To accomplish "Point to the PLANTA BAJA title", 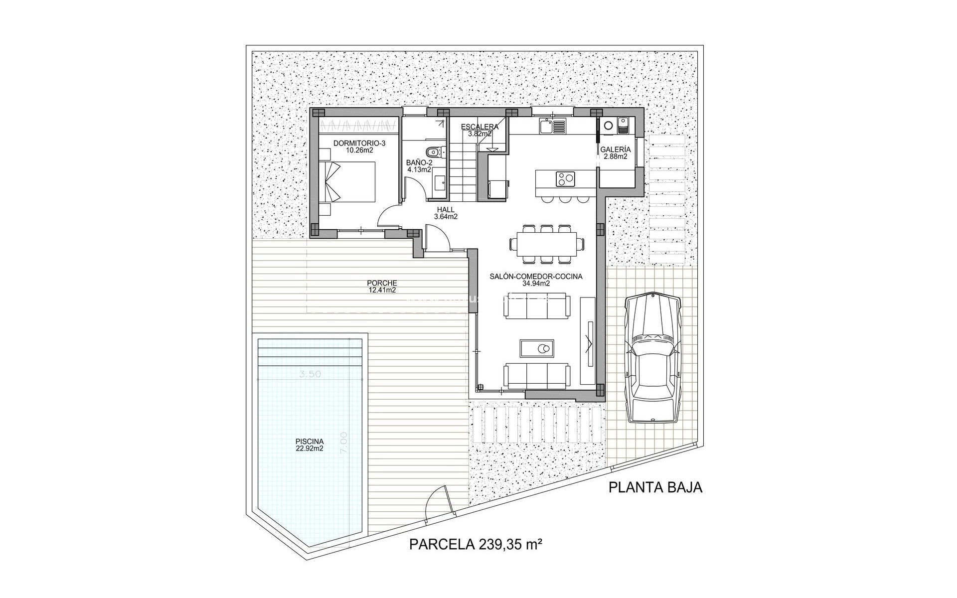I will (655, 487).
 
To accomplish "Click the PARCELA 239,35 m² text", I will (476, 544).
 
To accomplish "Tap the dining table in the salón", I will (547, 243).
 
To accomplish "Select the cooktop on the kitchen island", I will (564, 177).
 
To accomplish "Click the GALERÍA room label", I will (615, 152).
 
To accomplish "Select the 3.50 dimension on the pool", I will (311, 375).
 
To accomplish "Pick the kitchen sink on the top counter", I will (546, 127).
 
